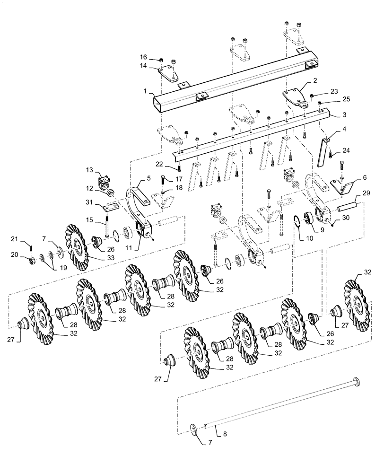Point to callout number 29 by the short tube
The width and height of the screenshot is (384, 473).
coord(366,193)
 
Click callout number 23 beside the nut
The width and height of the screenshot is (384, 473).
coord(334,92)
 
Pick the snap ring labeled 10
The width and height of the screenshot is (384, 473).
coord(298,220)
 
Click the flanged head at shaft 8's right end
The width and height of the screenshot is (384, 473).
coord(356,381)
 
